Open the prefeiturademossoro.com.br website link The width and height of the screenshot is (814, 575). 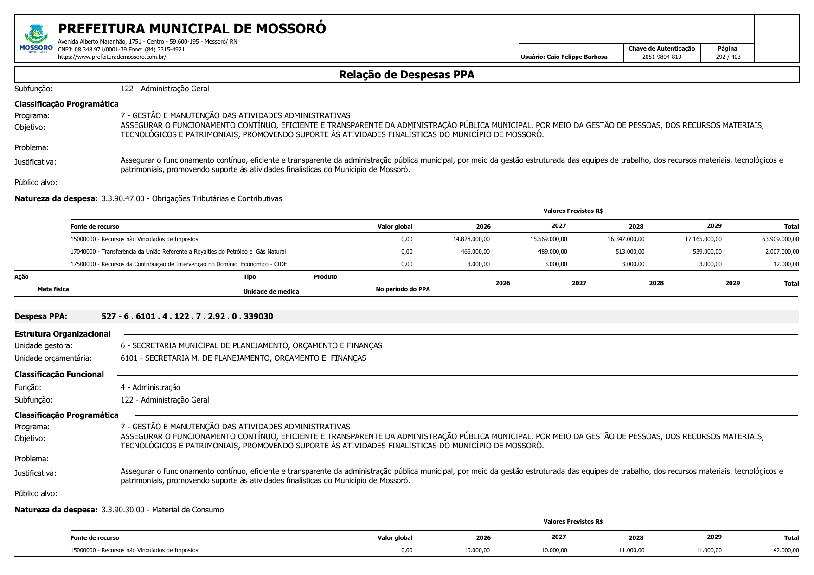click(112, 57)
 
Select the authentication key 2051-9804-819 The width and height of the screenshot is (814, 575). click(661, 57)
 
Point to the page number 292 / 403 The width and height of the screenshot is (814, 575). click(728, 57)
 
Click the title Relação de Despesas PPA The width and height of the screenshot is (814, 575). click(406, 75)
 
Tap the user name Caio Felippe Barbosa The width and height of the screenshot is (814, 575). click(564, 57)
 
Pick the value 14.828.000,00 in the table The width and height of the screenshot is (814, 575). click(471, 239)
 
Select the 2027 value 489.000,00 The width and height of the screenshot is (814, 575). click(552, 252)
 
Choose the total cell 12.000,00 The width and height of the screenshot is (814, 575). click(786, 264)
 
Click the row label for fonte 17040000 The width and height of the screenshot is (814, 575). click(178, 252)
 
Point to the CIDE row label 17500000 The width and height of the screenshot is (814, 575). click(179, 264)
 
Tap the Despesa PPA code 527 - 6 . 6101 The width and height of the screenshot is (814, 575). click(187, 317)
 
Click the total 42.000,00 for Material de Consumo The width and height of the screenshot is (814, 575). click(786, 550)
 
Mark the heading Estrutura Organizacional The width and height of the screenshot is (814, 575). click(63, 334)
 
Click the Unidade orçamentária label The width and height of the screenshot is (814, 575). click(53, 358)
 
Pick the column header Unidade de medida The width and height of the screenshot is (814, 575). click(271, 292)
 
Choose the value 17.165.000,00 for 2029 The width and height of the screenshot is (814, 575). click(703, 239)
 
